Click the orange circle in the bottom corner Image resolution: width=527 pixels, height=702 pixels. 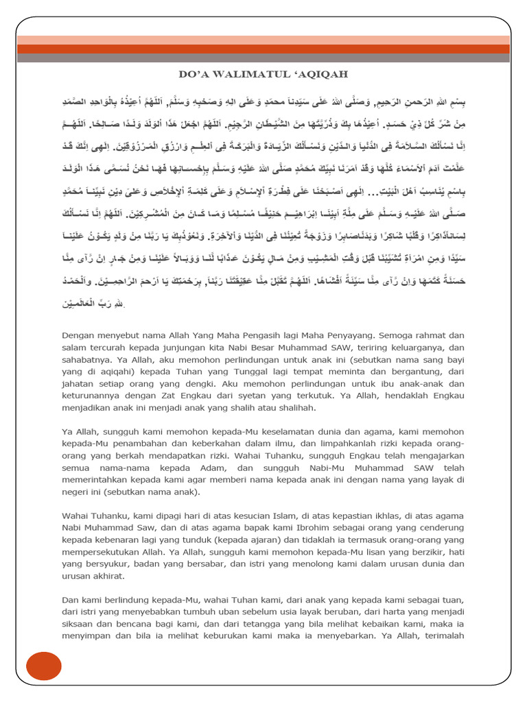pos(44,667)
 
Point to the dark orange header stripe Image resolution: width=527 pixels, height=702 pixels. pos(263,49)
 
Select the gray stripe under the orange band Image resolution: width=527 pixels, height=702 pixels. pos(263,58)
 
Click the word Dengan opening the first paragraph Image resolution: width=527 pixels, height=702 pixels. pos(78,335)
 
